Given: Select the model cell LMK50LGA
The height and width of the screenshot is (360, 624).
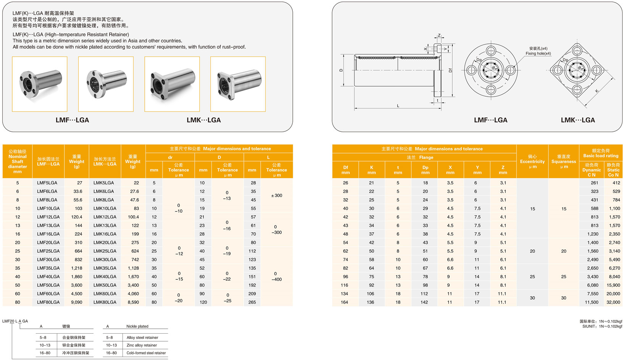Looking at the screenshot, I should (105, 285).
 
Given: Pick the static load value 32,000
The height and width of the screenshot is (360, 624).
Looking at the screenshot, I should (613, 302).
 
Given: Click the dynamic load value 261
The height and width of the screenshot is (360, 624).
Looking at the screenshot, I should (594, 183).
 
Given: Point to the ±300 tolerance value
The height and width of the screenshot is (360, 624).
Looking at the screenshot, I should (277, 195).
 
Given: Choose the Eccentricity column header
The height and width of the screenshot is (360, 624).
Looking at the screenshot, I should (532, 161).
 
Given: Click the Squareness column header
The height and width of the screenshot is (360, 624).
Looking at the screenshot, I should (563, 161).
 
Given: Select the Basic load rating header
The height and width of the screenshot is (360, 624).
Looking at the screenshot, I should (600, 153).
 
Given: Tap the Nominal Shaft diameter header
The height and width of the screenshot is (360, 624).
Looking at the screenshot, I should (18, 161).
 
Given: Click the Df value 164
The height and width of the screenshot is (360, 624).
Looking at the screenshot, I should (344, 302).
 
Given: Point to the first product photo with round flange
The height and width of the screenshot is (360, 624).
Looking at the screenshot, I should (40, 84).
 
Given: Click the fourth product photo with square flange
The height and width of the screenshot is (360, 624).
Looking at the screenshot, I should (238, 84).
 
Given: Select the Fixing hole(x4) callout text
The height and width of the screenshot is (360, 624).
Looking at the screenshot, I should (538, 53).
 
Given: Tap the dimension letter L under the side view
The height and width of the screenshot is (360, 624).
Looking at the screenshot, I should (398, 106).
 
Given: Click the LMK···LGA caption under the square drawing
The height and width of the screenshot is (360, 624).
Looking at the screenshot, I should (577, 120).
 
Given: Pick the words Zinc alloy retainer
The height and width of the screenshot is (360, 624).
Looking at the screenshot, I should (142, 345).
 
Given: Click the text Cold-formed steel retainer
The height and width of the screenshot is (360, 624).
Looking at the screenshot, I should (146, 353).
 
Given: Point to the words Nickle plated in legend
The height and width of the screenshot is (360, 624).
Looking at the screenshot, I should (137, 326).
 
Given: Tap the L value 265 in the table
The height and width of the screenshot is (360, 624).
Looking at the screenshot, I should (252, 302).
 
